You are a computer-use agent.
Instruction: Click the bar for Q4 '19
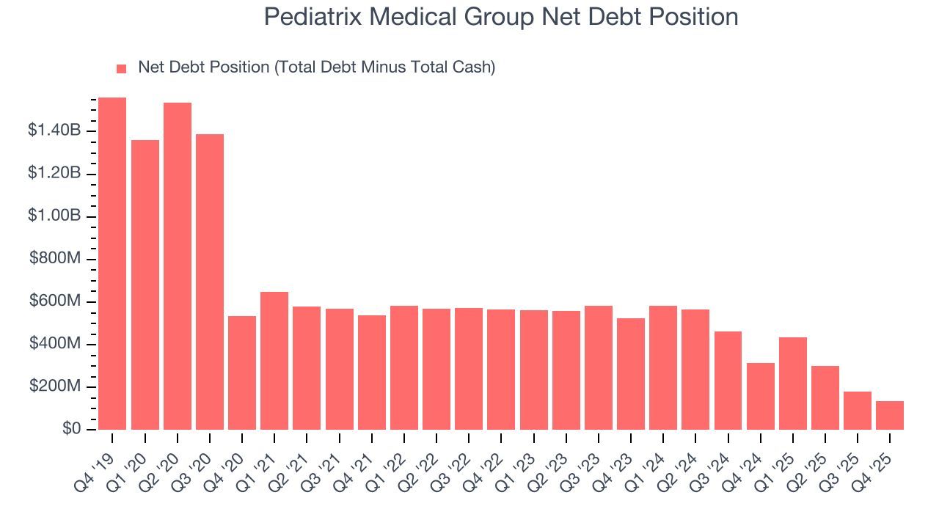pyautogui.click(x=112, y=263)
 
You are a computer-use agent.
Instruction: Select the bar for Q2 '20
pyautogui.click(x=178, y=266)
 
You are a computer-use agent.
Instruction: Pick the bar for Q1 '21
pyautogui.click(x=274, y=361)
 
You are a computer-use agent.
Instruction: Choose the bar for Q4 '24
pyautogui.click(x=761, y=396)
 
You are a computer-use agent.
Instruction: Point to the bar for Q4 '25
pyautogui.click(x=890, y=415)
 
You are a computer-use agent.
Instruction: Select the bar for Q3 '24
pyautogui.click(x=728, y=381)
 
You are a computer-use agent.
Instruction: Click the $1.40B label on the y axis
pyautogui.click(x=54, y=131)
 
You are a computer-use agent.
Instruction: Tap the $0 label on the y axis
pyautogui.click(x=71, y=428)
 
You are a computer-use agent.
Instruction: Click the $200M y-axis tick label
pyautogui.click(x=55, y=386)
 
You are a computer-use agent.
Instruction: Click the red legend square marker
pyautogui.click(x=122, y=68)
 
